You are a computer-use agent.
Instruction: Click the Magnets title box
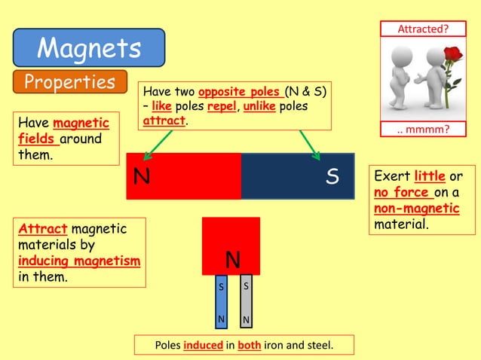tap(89, 47)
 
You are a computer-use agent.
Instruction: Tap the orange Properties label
tap(69, 82)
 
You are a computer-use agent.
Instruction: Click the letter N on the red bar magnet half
tap(141, 177)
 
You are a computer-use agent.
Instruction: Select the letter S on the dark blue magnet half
tap(332, 177)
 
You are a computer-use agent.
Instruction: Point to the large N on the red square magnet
tap(233, 261)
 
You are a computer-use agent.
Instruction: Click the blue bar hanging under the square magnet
tap(221, 304)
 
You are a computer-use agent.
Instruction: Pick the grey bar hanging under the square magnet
tap(245, 304)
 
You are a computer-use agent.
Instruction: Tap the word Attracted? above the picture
tap(423, 29)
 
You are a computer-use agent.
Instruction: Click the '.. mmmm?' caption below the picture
tap(423, 130)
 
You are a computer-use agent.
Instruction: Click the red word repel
tap(222, 106)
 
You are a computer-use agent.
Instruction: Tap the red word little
tap(430, 177)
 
